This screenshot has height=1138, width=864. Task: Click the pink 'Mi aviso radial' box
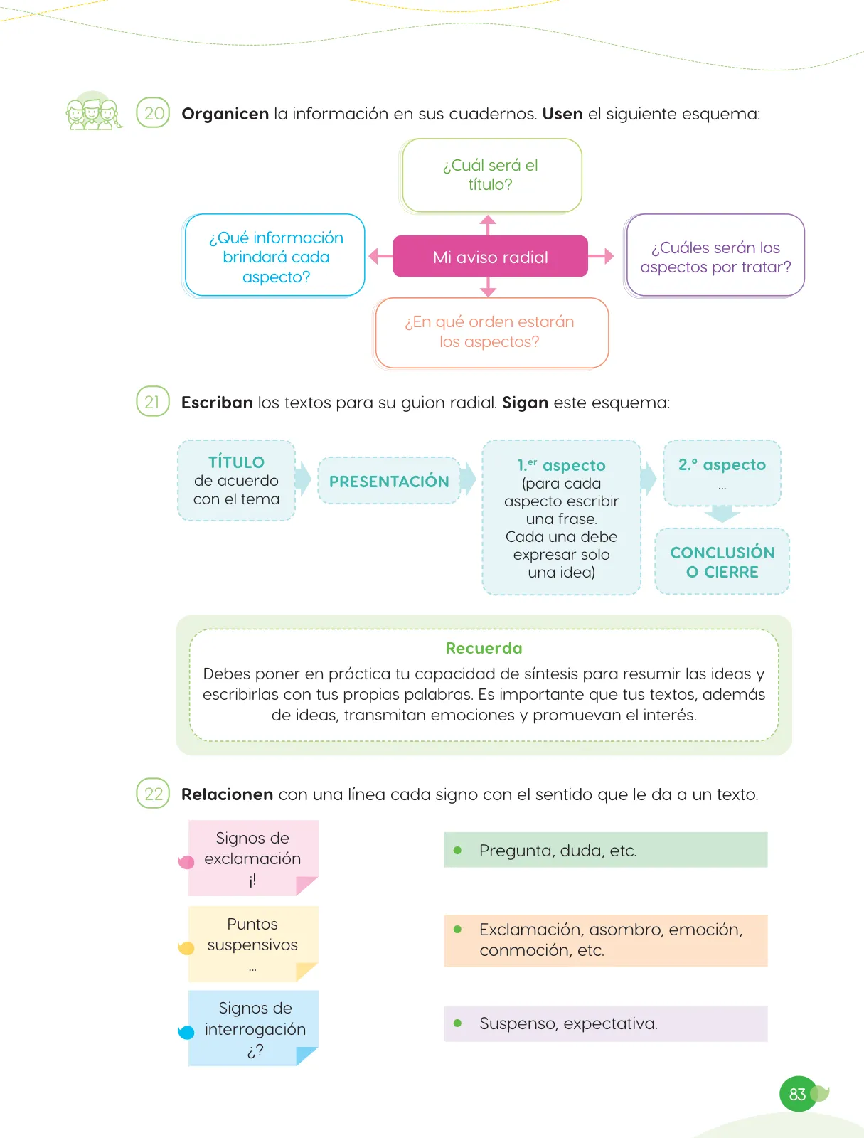490,256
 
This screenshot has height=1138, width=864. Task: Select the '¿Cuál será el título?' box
491,175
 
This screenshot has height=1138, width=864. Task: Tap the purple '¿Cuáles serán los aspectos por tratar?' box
714,255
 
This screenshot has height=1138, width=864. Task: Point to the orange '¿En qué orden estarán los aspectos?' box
490,332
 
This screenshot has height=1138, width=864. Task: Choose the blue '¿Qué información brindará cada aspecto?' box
274,255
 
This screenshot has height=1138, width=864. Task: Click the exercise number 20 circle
153,112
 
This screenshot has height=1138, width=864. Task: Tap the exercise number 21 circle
153,401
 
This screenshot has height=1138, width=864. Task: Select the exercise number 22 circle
153,793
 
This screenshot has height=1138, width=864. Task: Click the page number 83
798,1094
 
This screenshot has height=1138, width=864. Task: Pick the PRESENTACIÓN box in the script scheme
389,481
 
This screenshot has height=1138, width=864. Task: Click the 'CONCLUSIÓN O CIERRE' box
722,561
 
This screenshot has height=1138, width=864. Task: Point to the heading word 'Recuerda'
484,648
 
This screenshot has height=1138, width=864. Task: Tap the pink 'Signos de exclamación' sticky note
253,858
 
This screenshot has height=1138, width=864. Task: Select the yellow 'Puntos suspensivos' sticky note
253,944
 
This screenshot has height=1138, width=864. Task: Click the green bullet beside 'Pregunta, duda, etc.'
457,850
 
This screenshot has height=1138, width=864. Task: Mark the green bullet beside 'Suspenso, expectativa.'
457,1023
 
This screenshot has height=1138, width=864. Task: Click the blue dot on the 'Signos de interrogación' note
186,1032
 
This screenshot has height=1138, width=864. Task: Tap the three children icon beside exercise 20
93,111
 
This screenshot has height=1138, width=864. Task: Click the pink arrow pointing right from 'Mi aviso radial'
601,255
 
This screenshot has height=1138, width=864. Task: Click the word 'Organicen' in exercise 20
225,114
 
